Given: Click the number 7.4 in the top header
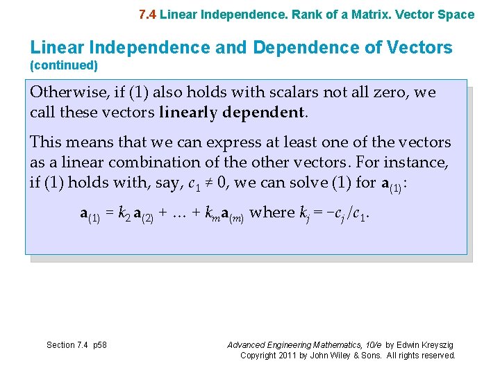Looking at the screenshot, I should (147, 15).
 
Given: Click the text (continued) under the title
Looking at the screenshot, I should (64, 66).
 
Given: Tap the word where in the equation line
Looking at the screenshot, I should (272, 212).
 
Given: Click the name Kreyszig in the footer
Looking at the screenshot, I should (439, 345).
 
